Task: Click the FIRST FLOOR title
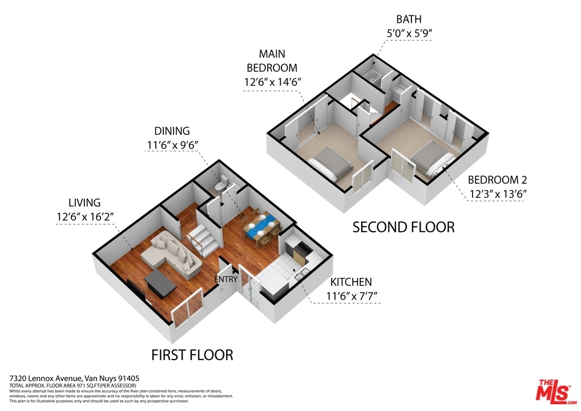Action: coord(192,355)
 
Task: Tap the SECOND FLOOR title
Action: coord(404,227)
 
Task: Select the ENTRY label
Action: coord(225,279)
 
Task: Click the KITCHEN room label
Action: coord(351,282)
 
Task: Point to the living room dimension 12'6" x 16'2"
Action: coord(85,216)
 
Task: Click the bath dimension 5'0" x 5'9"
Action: coord(409,33)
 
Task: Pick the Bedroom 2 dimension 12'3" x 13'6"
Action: coord(498,194)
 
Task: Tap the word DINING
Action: coord(172,131)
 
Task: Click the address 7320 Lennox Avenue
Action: coord(46,378)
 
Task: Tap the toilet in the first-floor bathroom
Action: coord(221,184)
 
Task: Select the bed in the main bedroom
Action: coord(330,163)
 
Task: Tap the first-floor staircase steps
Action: coord(202,241)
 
